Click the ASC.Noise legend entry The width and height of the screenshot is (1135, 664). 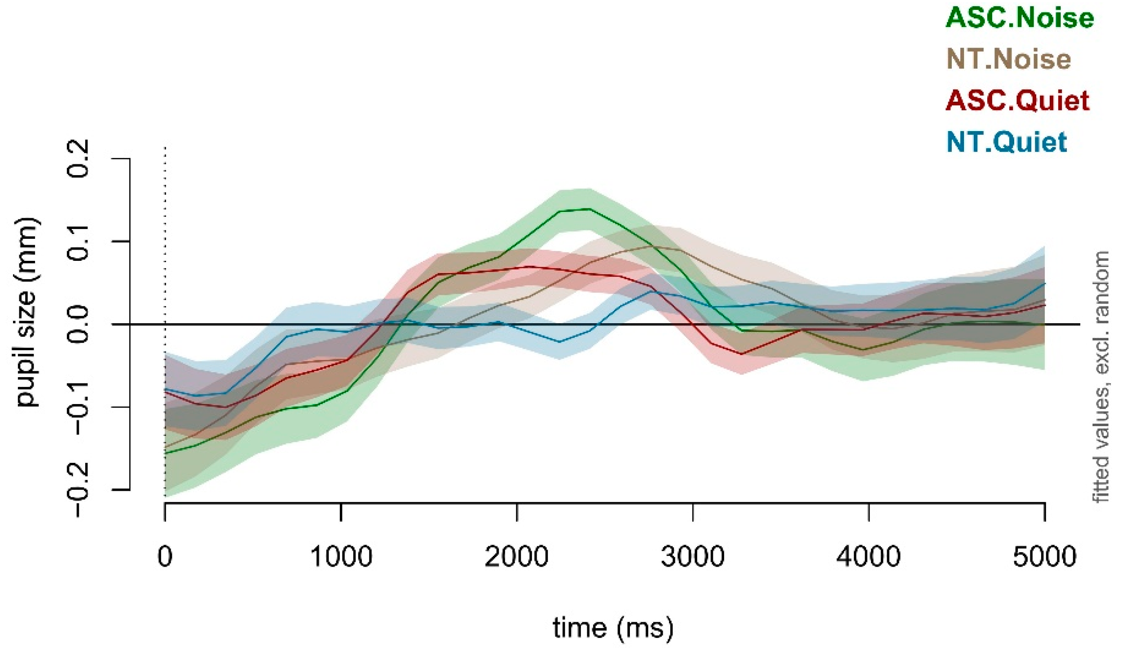click(x=1019, y=18)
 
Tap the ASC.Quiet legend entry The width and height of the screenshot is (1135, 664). click(x=1017, y=101)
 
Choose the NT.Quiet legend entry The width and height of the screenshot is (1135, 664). click(x=1007, y=142)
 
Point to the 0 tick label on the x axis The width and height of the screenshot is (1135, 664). click(x=165, y=557)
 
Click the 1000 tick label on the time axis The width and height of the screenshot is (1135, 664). click(x=341, y=557)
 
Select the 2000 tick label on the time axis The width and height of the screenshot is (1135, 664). click(x=517, y=557)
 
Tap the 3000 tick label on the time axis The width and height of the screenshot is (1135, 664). click(x=692, y=557)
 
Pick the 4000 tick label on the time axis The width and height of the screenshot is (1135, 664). click(x=868, y=557)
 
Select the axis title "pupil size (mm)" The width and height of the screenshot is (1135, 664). click(x=28, y=312)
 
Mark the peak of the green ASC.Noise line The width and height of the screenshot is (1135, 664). click(x=588, y=209)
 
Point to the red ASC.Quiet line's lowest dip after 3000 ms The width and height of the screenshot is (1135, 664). click(x=741, y=354)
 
